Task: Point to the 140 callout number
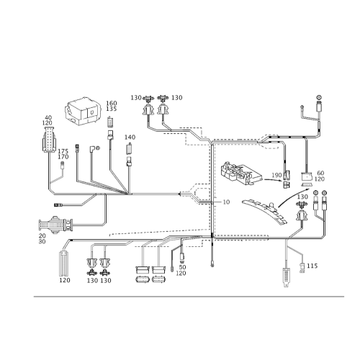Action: (130, 136)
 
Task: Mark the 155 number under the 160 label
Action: (111, 110)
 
